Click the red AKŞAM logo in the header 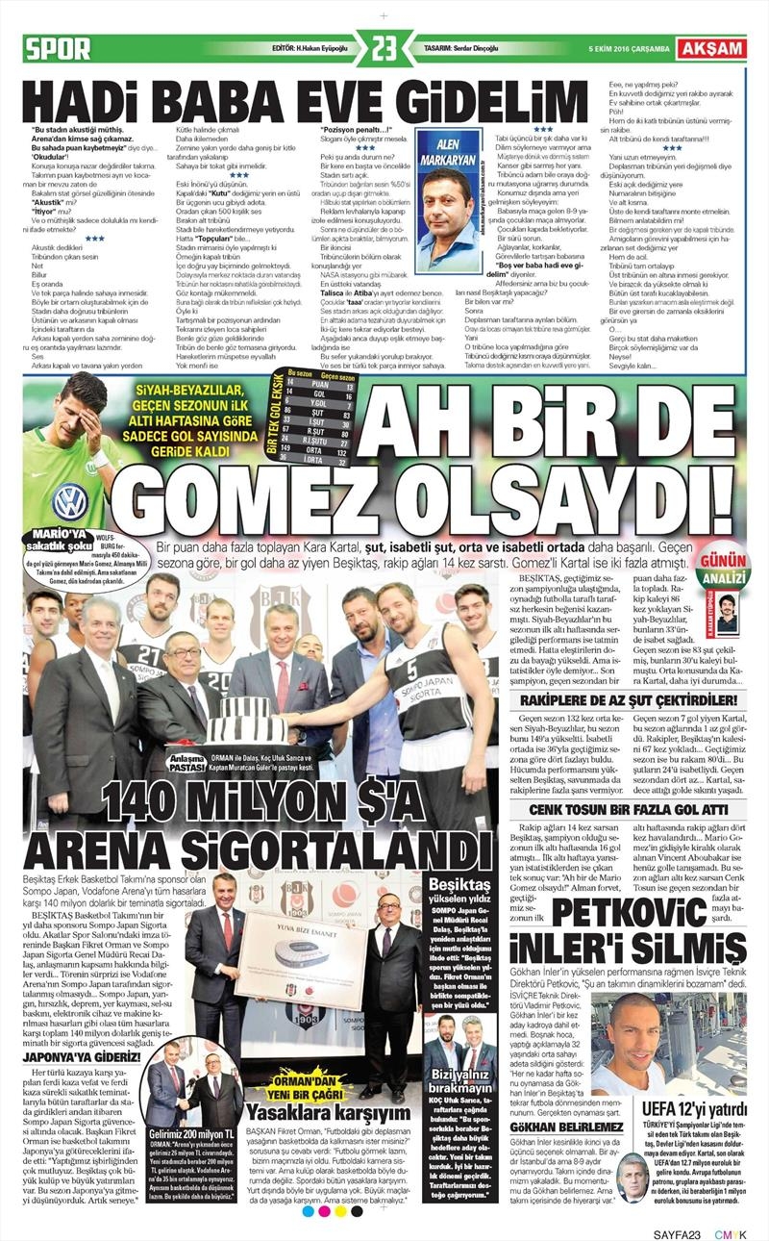pyautogui.click(x=711, y=47)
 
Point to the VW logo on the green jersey pyautogui.click(x=69, y=501)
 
